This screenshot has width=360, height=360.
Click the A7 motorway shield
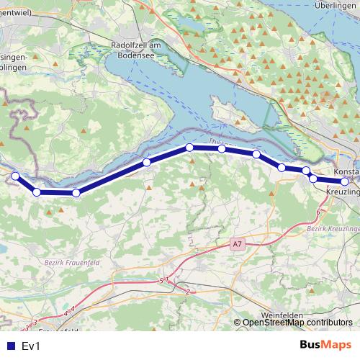click(x=238, y=245)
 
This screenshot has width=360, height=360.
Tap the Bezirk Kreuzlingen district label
click(x=333, y=228)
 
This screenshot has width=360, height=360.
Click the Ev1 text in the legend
click(x=31, y=346)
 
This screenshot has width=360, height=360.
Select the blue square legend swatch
click(x=10, y=346)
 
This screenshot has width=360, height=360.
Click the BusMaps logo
click(x=325, y=346)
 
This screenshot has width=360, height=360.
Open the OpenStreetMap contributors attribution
click(x=297, y=323)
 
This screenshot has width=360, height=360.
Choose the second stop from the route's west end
click(x=37, y=192)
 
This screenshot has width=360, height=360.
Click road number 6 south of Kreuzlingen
click(x=318, y=213)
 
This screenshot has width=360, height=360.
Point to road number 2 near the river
click(x=187, y=292)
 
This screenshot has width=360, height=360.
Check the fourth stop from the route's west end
click(x=146, y=162)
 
